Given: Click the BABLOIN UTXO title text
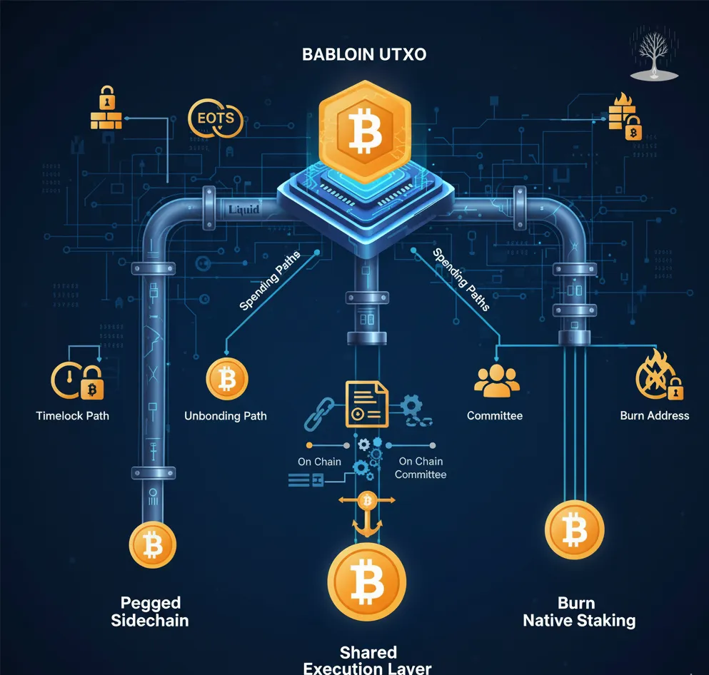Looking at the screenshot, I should pyautogui.click(x=364, y=54).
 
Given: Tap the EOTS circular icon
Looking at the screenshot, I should pyautogui.click(x=215, y=118).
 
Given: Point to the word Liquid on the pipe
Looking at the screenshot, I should pyautogui.click(x=244, y=209).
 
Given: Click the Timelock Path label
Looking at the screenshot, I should pyautogui.click(x=72, y=415).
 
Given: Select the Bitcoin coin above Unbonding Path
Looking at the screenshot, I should pyautogui.click(x=226, y=379).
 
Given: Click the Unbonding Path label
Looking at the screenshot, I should pyautogui.click(x=226, y=415).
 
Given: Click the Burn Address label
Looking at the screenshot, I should pyautogui.click(x=655, y=415).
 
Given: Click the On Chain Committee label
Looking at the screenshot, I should pyautogui.click(x=421, y=468).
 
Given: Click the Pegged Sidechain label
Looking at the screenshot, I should pyautogui.click(x=150, y=611).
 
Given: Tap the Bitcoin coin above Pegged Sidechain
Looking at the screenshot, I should pyautogui.click(x=152, y=544).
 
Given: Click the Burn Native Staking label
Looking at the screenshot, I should pyautogui.click(x=579, y=611).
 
